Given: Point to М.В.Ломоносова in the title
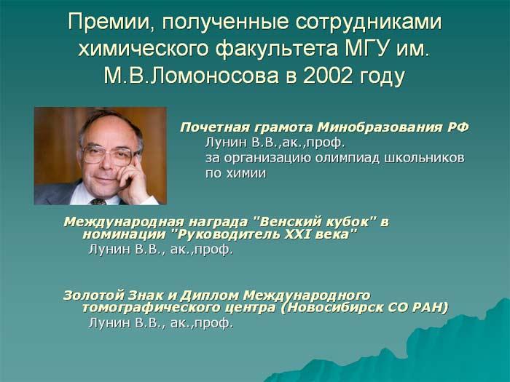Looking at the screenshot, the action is click(191, 76).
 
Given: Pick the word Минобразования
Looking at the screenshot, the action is click(377, 127).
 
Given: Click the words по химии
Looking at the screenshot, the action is click(235, 173).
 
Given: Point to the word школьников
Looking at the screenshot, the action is click(425, 158).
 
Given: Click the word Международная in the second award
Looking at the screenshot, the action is click(123, 222).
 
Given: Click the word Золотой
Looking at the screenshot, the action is click(93, 295).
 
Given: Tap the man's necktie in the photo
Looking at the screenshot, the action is click(98, 202).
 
